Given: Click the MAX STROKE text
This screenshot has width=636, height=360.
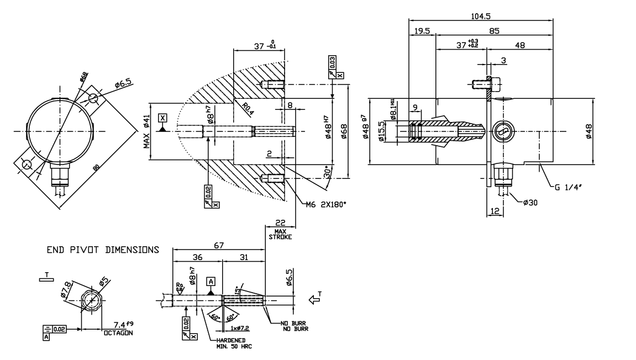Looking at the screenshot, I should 280,234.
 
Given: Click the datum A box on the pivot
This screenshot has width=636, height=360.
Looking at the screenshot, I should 210,282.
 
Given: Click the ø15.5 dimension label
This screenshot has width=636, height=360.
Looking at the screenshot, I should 381,131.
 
